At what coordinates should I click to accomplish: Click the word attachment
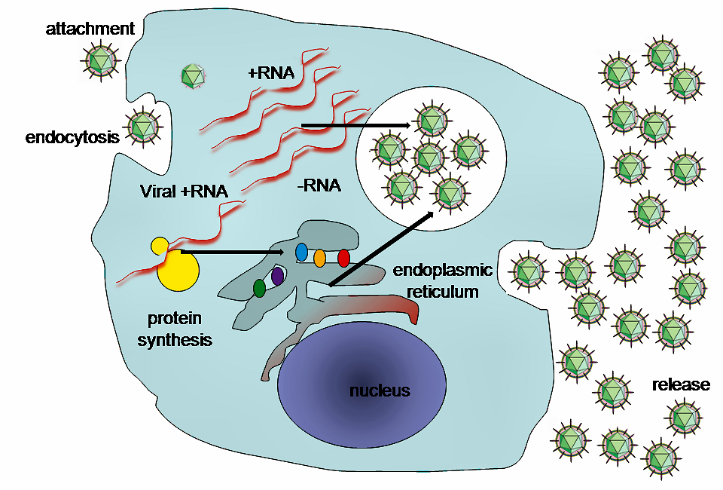pos(90,29)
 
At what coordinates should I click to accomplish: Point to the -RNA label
pos(319,183)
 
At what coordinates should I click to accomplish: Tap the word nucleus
pos(380,390)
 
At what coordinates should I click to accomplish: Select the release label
pos(681,385)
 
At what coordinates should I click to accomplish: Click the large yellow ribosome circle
pos(178,269)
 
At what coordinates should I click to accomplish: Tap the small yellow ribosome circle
pos(160,246)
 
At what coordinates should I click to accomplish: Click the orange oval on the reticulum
pos(319,258)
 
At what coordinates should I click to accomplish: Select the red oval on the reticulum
pos(344,258)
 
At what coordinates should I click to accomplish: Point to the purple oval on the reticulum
pos(278,276)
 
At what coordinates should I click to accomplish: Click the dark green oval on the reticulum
pos(259,288)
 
